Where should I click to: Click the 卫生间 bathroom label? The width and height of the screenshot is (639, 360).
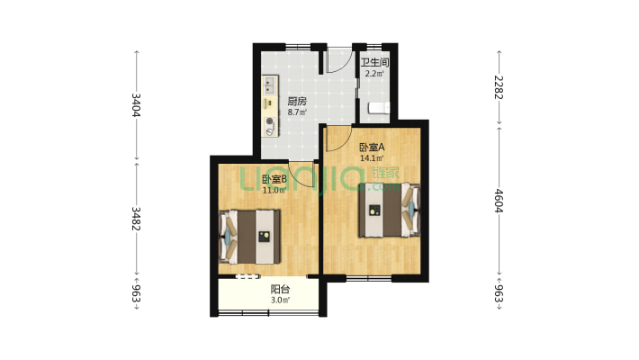[374, 62]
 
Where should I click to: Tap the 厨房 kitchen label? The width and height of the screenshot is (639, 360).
[297, 101]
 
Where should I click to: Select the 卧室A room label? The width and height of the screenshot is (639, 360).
[372, 147]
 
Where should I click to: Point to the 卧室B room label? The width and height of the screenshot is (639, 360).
[274, 179]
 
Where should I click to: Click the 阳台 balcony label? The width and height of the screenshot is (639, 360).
[281, 290]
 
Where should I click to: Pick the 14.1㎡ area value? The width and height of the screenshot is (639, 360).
[372, 158]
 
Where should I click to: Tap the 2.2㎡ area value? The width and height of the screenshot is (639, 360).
[374, 74]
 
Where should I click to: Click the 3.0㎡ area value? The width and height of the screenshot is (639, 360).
[281, 301]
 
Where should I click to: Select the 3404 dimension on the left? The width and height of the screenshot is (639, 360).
[136, 105]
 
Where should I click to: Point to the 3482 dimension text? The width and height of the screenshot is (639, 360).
[136, 219]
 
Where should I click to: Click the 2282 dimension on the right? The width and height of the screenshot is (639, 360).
[499, 87]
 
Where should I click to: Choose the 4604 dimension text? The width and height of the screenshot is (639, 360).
[499, 201]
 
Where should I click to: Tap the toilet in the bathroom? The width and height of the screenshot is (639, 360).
[379, 108]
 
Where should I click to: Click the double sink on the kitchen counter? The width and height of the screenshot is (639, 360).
[269, 85]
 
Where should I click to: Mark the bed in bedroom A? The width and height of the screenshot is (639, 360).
[389, 210]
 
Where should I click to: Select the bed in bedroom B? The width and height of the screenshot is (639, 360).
[250, 237]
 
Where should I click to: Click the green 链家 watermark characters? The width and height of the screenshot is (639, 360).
[386, 173]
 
